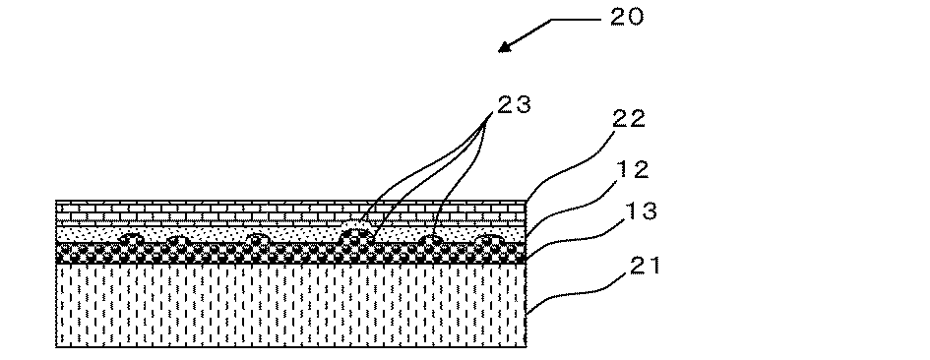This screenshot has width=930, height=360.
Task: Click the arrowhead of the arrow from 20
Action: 505,48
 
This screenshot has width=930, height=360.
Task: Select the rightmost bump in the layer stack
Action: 486,240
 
